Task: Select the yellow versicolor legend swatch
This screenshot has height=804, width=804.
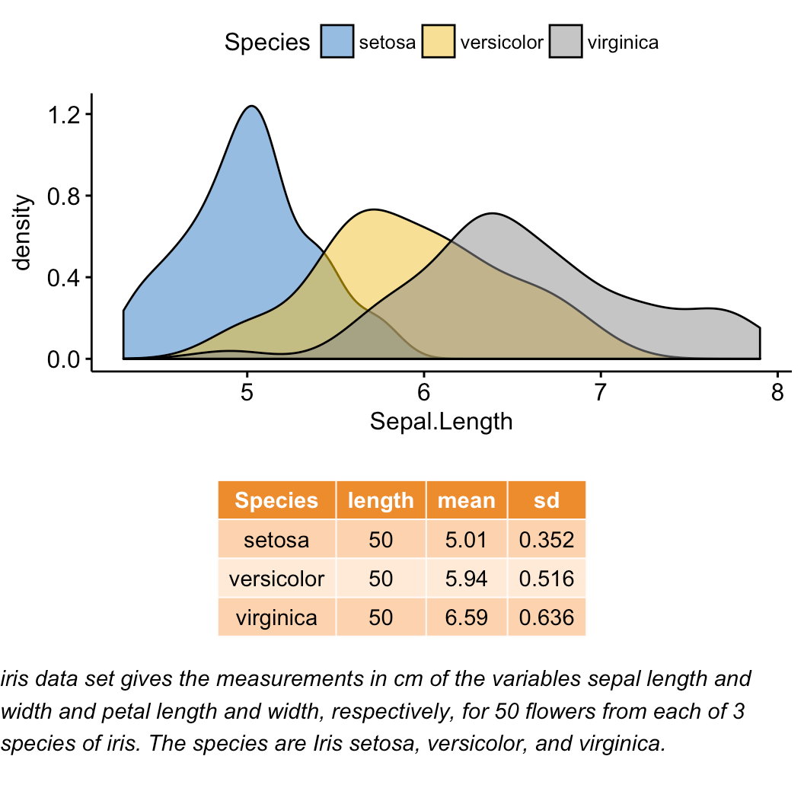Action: pos(439,42)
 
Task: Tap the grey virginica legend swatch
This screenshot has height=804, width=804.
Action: pos(565,42)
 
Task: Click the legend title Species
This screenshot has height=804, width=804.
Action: pos(267,43)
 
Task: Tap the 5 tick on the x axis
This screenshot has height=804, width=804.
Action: pos(247,393)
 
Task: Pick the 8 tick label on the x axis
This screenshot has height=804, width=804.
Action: pos(777,393)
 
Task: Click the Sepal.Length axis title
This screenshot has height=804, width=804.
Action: pos(441,421)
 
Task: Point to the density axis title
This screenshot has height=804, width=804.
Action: pos(24,233)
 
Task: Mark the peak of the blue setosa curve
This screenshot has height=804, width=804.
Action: pos(250,106)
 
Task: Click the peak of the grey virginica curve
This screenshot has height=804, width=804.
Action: pos(493,213)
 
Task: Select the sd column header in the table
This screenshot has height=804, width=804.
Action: pos(546,500)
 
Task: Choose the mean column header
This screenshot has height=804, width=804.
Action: pos(467,500)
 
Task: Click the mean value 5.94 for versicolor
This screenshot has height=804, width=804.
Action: pos(467,579)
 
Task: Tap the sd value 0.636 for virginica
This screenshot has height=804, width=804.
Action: pos(546,617)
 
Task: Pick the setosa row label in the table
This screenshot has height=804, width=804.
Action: pos(276,540)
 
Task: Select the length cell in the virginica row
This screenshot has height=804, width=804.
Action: pos(381,617)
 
